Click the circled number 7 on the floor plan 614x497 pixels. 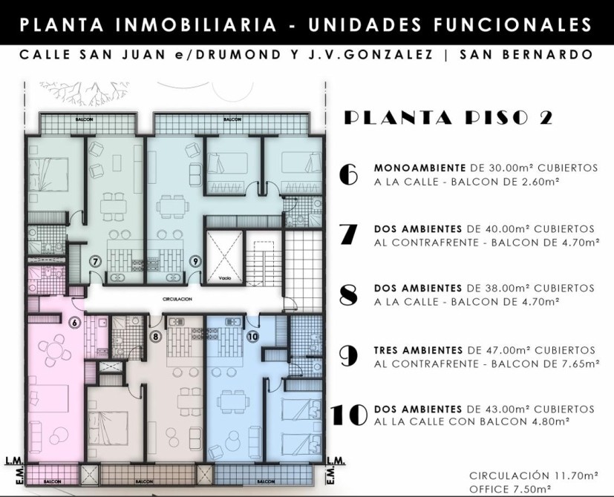click(x=95, y=261)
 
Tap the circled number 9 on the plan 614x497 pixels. click(x=196, y=261)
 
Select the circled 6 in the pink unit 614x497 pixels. click(x=75, y=323)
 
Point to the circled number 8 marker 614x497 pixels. click(x=156, y=336)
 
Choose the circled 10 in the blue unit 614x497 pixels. click(x=253, y=336)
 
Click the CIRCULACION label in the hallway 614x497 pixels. click(x=177, y=299)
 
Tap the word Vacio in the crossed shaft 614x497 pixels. click(x=225, y=278)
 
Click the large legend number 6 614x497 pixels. click(x=348, y=174)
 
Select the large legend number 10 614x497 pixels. click(x=349, y=415)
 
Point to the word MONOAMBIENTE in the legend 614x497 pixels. click(x=419, y=168)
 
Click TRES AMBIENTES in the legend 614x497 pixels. click(x=418, y=350)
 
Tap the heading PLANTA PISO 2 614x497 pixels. click(x=448, y=117)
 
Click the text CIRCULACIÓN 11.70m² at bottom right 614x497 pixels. click(x=534, y=476)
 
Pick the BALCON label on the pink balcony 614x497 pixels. click(x=51, y=481)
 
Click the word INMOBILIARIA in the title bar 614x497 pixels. click(x=197, y=24)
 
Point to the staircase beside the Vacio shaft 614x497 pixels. click(x=264, y=258)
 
